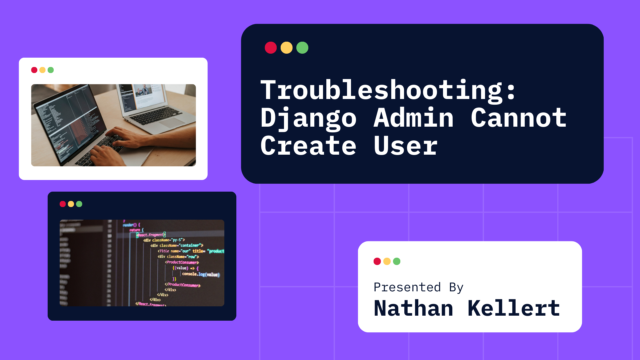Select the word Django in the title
tap(308, 118)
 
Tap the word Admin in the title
tap(413, 118)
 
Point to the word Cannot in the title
tap(518, 118)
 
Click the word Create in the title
tap(308, 146)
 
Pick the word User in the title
tap(405, 146)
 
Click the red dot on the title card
tap(271, 48)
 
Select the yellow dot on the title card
tap(287, 48)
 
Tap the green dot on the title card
tap(302, 48)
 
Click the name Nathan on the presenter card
tap(413, 308)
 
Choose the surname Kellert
tap(514, 308)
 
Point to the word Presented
tap(407, 287)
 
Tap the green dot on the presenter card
tap(397, 261)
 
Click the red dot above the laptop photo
tap(34, 70)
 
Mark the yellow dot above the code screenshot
tap(71, 204)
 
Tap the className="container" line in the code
tap(177, 245)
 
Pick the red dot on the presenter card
tap(377, 261)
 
